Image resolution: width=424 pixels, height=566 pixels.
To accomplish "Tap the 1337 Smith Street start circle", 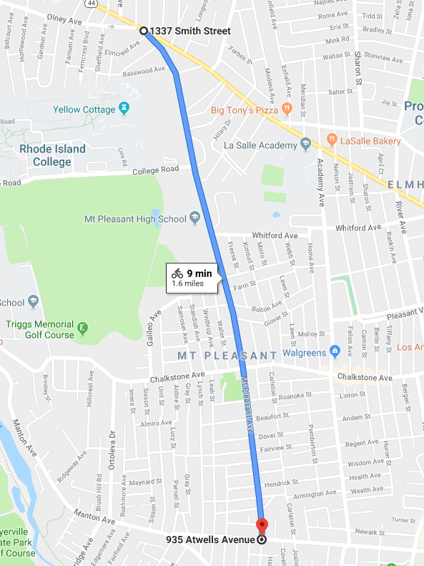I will click(143, 31).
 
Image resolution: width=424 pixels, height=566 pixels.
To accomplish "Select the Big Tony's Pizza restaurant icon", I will click(287, 110).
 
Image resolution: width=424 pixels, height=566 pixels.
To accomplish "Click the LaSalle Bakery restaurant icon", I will click(331, 138).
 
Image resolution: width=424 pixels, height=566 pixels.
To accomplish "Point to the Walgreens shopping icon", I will click(333, 351).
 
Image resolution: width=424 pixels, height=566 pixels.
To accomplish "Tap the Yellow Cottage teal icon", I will click(125, 109).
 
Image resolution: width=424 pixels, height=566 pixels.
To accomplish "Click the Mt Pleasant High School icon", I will click(194, 219).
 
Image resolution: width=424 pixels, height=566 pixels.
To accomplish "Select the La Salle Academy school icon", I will click(305, 145).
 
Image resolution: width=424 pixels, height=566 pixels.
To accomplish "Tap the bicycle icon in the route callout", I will click(177, 273).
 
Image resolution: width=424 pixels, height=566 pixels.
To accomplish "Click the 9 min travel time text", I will click(199, 273).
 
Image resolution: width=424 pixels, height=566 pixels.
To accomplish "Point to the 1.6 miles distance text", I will click(187, 283).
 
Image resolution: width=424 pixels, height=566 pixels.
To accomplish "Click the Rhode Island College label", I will click(52, 155).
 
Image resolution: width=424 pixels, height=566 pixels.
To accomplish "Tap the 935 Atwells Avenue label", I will click(209, 540).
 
